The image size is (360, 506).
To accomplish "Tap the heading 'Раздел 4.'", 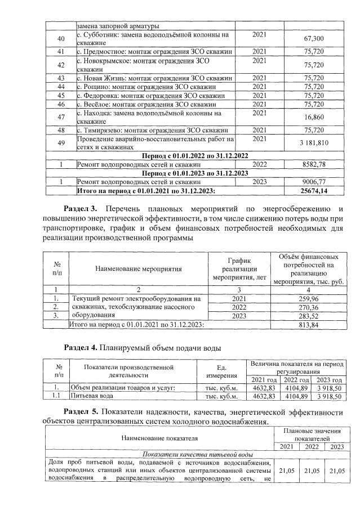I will click(x=82, y=347).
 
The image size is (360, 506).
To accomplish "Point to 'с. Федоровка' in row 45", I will click(x=97, y=96).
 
